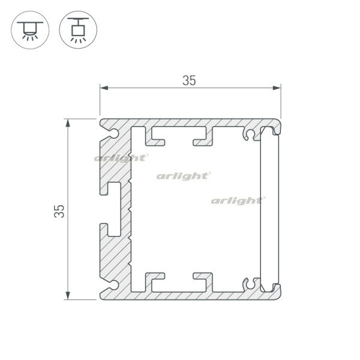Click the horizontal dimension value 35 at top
189,81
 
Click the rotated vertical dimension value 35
59,211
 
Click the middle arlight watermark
183,176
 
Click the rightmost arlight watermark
238,199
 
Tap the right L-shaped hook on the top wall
203,138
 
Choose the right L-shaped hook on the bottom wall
203,280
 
